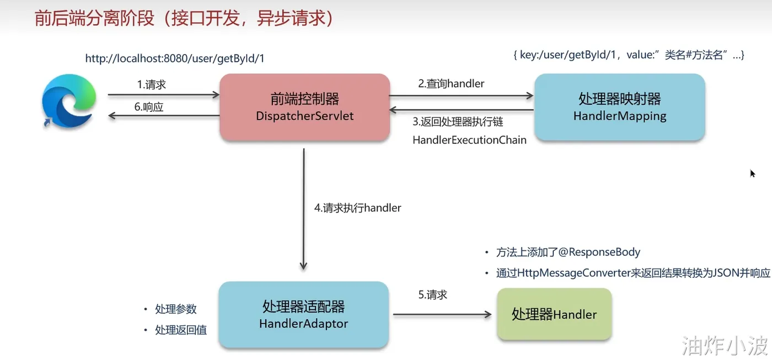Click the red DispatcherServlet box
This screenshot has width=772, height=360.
[x=304, y=107]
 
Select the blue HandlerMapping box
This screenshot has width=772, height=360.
[x=619, y=107]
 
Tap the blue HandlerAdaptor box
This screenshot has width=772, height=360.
[x=303, y=314]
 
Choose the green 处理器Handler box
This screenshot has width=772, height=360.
[x=554, y=314]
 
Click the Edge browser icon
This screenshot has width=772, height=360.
[x=69, y=103]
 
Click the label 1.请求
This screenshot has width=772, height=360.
[x=152, y=85]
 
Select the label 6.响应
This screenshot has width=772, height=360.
[x=149, y=107]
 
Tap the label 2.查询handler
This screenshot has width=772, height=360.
[x=451, y=84]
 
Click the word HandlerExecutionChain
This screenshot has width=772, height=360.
[x=469, y=140]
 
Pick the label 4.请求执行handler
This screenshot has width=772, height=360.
[x=358, y=208]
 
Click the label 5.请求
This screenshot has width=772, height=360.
[x=433, y=295]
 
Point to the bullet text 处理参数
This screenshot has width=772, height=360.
[x=176, y=309]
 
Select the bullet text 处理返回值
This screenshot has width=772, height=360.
[x=181, y=330]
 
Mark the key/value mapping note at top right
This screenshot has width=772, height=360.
[x=629, y=55]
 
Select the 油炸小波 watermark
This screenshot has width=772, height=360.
[x=725, y=346]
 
